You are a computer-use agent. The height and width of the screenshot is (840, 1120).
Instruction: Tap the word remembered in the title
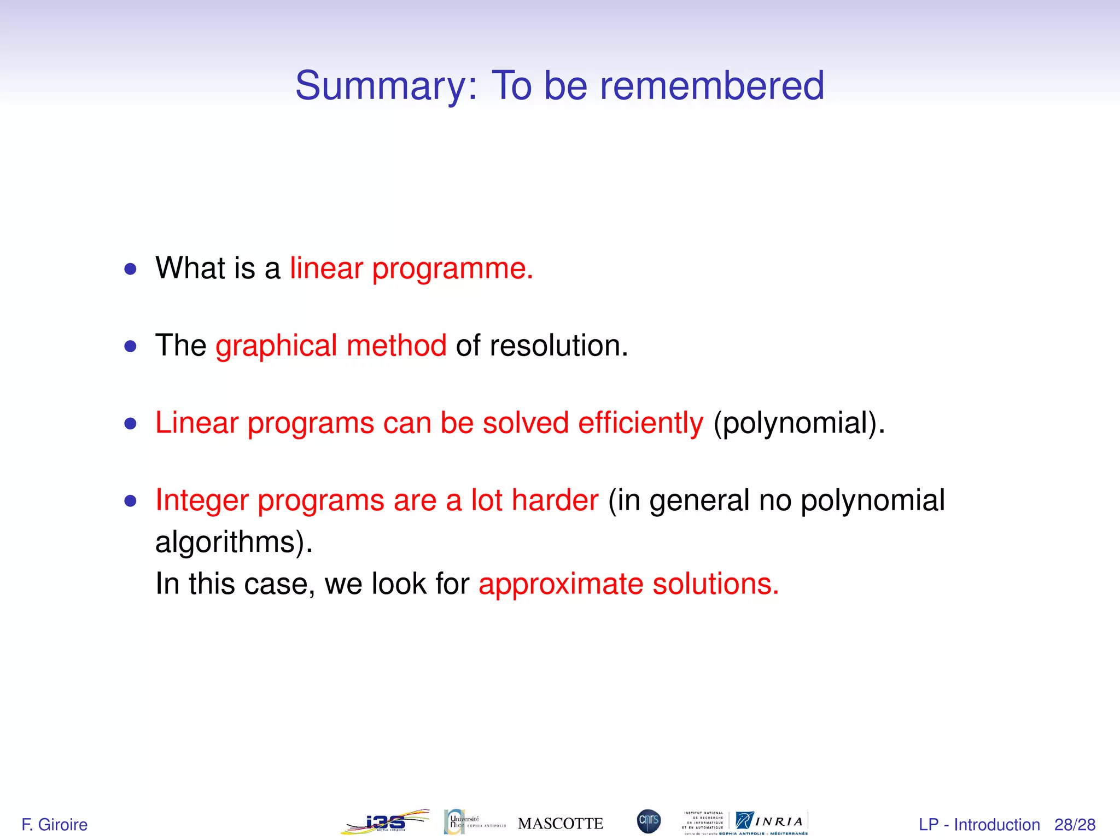click(711, 86)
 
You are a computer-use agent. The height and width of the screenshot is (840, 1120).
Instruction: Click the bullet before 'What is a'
click(130, 269)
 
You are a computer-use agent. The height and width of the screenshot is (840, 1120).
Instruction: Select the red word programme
click(452, 270)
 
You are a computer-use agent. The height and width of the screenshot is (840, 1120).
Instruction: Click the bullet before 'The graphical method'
click(130, 346)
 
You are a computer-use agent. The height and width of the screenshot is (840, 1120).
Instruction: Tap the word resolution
click(558, 346)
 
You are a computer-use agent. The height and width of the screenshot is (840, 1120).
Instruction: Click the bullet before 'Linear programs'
click(130, 424)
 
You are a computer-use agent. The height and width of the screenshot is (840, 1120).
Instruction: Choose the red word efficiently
click(640, 424)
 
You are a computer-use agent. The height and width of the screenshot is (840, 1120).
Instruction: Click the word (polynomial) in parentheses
click(799, 424)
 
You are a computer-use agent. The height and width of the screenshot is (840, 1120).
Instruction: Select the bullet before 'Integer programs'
click(130, 501)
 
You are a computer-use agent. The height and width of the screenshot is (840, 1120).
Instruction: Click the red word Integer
click(202, 501)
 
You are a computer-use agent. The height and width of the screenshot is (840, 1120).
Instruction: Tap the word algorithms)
click(234, 542)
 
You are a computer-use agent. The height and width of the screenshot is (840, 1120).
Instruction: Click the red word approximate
click(561, 585)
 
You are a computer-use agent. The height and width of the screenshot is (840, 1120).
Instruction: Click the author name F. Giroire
click(54, 824)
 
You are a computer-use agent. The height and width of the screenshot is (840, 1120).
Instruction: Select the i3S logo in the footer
click(385, 822)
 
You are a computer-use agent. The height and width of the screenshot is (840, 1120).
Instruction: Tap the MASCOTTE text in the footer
click(561, 824)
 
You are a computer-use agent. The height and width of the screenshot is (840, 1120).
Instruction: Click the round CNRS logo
click(649, 821)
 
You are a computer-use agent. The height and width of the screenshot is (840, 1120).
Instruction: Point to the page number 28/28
click(1075, 825)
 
